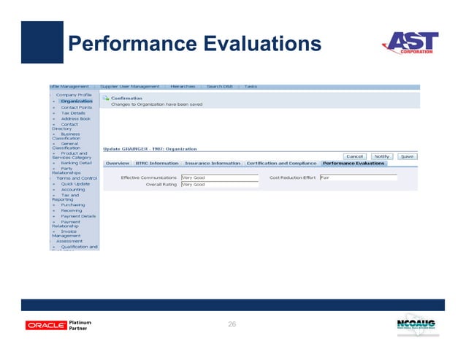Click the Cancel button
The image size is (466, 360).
pos(355,156)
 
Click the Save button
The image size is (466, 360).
pos(407,156)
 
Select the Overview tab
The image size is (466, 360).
pos(117,163)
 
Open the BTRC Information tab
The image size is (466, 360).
pos(157,163)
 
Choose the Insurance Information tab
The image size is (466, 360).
pos(213,163)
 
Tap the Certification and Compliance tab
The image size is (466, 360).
pos(281,163)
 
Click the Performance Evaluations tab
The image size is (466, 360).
pos(354,163)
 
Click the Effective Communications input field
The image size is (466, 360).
pos(219,177)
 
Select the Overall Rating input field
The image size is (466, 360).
pos(219,185)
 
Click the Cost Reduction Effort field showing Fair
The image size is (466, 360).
pos(358,177)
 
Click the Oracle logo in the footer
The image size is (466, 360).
pos(46,325)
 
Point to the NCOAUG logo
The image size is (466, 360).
pos(417,325)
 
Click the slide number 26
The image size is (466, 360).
pos(232,323)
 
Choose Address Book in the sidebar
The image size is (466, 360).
pos(75,118)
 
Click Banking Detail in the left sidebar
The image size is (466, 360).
pos(76,163)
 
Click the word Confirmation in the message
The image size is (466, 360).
pos(126,98)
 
